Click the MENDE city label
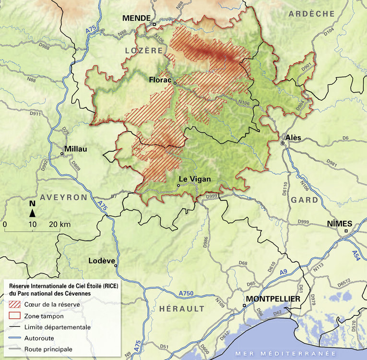pos(136,18)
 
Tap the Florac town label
pos(160,80)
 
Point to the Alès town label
pos(293,137)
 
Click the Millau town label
pos(76,149)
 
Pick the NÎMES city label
pos(339,223)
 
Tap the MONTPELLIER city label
pos(273,299)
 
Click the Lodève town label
pos(102,261)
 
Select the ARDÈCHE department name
pos(311,14)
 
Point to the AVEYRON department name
pos(64,197)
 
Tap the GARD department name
pos(305,200)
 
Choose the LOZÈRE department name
pos(144,50)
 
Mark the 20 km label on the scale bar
pos(60,224)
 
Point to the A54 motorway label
pos(355,255)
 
